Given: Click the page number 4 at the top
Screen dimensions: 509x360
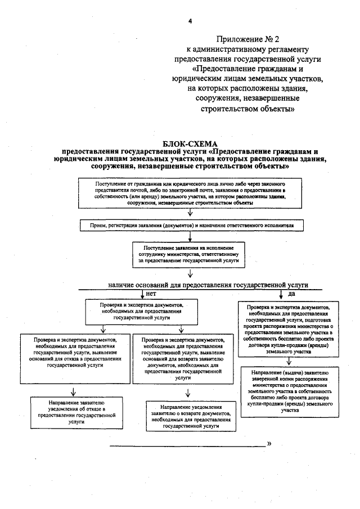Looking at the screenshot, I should [191, 21].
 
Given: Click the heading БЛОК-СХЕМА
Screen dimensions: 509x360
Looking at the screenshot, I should [190, 145].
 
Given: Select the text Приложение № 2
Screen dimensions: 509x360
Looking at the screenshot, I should [247, 39].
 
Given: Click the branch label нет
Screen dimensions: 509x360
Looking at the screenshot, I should [151, 294].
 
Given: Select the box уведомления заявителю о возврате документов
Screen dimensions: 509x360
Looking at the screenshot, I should [191, 416].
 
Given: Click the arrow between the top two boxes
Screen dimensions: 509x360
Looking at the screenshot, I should [191, 213].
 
